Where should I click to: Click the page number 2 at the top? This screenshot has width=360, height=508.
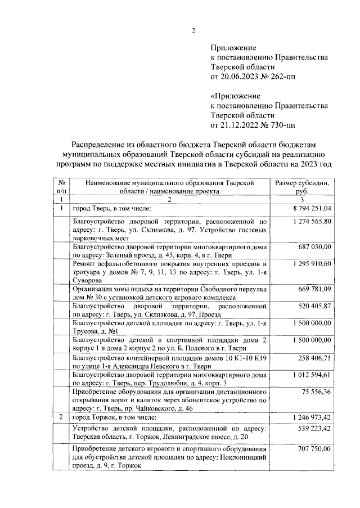tap(193, 30)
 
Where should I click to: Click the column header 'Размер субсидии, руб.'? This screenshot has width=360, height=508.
tap(302, 187)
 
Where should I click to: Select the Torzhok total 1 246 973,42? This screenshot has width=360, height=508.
tap(310, 417)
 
